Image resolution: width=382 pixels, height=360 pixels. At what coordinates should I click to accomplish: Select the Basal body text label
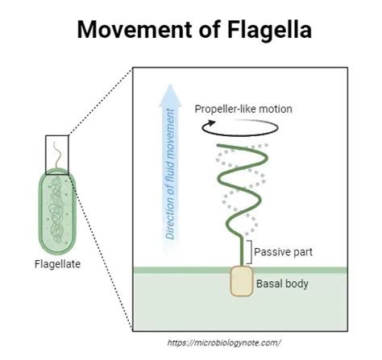[x=282, y=283]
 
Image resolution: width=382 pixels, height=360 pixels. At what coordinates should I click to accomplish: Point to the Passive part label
[x=283, y=251]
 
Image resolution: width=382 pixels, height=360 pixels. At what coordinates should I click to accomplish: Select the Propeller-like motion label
[x=243, y=109]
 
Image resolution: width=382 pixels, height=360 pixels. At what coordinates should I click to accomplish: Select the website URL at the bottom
[x=224, y=342]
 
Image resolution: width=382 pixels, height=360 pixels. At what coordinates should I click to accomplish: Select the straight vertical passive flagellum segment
[x=241, y=250]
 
